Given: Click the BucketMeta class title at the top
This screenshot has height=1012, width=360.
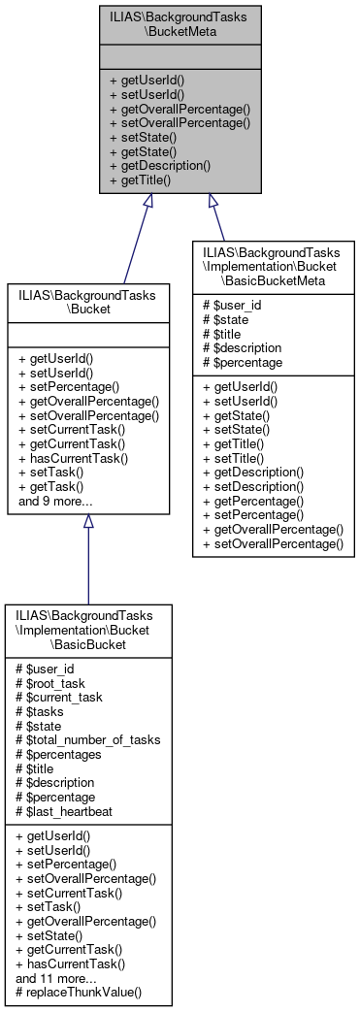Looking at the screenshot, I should click(x=180, y=23).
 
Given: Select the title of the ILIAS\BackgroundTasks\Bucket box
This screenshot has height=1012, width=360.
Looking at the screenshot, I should click(x=88, y=299).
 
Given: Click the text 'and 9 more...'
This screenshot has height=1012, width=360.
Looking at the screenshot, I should click(x=55, y=502).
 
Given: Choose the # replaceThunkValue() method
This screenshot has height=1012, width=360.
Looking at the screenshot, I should click(x=79, y=993).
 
